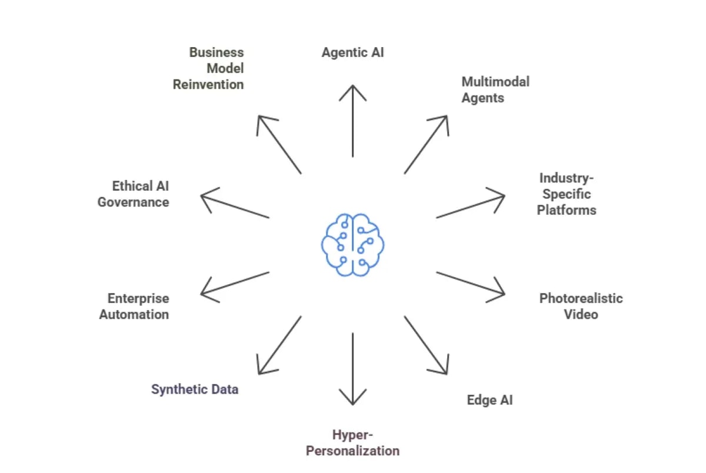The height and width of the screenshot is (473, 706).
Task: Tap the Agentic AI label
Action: [352, 52]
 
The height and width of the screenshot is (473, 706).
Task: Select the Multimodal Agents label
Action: [495, 89]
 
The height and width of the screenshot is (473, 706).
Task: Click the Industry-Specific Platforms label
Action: [566, 194]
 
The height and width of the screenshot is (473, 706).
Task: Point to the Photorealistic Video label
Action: [581, 306]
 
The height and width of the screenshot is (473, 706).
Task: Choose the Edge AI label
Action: [489, 400]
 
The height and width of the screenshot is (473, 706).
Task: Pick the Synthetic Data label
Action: [195, 389]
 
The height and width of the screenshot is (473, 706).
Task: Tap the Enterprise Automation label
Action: [134, 306]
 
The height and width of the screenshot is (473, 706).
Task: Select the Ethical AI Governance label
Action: [134, 194]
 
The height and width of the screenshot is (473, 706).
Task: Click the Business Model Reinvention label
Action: [208, 68]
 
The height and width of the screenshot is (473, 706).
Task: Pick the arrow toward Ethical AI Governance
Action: [235, 206]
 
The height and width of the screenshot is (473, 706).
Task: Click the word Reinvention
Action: [208, 84]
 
